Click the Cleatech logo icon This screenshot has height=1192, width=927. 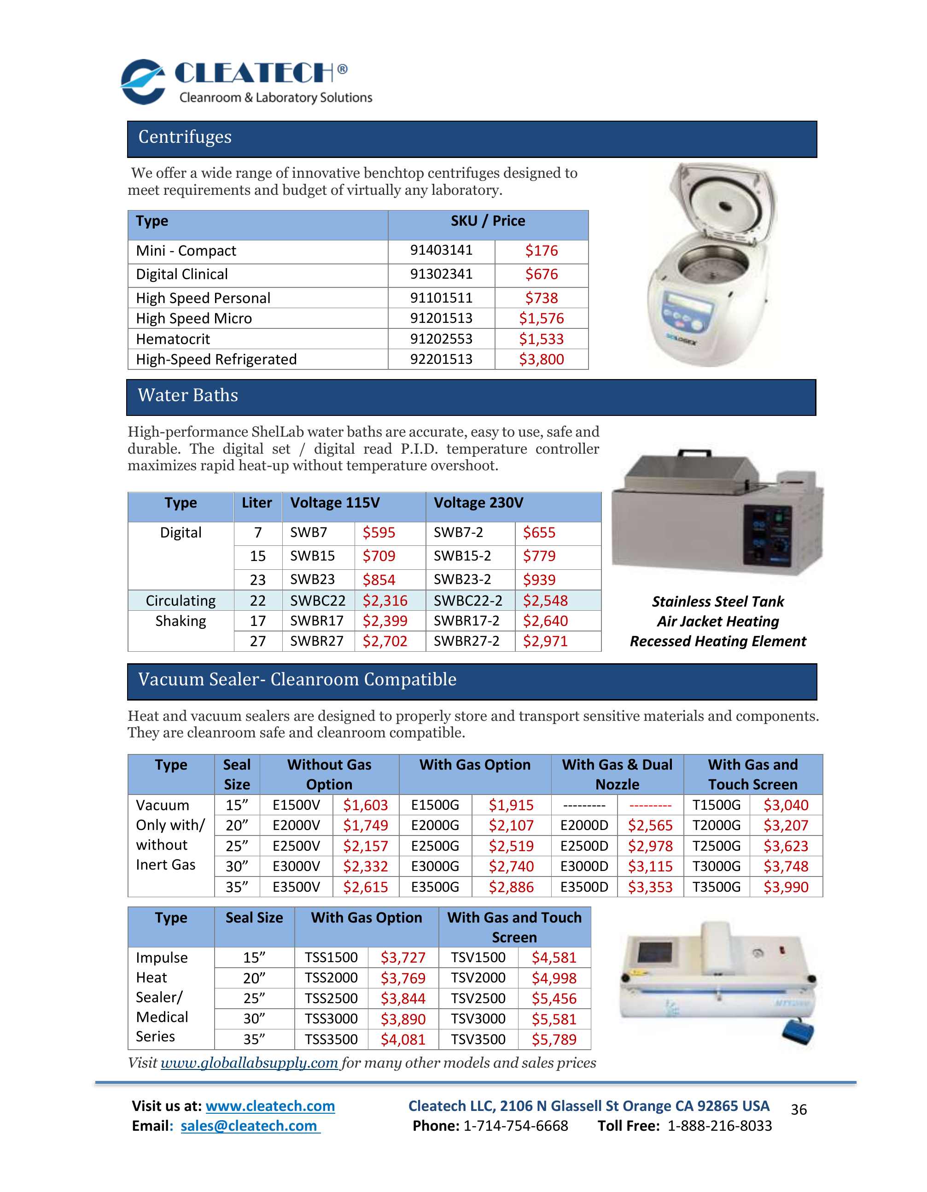click(x=143, y=82)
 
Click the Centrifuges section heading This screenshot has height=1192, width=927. click(x=185, y=137)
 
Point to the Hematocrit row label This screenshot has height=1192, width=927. click(x=173, y=339)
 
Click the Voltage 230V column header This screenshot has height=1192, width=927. click(x=478, y=503)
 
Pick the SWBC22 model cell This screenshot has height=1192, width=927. click(x=318, y=600)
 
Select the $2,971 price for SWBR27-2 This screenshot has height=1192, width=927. click(x=545, y=641)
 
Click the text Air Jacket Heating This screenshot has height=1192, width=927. click(x=717, y=622)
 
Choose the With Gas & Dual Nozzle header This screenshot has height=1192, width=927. click(x=617, y=774)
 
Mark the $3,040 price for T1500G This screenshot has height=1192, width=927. click(x=786, y=805)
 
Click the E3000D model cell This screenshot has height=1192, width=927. click(x=584, y=866)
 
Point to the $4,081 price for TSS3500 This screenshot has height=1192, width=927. click(x=402, y=1039)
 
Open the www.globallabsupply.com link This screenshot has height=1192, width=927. click(x=249, y=1063)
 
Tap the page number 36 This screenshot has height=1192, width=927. click(x=798, y=1110)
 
